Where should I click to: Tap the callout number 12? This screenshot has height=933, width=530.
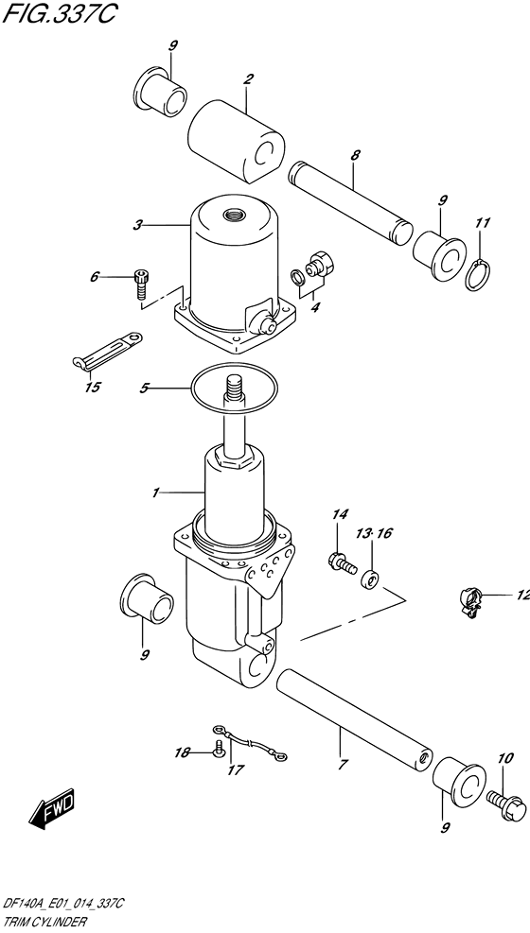(x=522, y=595)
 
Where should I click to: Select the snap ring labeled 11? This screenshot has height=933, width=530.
(x=480, y=275)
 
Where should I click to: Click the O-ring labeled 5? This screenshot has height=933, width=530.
(x=234, y=390)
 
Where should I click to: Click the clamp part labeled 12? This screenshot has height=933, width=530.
(x=470, y=601)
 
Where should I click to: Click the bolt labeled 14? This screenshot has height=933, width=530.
(x=342, y=562)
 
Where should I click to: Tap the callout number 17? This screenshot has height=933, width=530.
(x=236, y=770)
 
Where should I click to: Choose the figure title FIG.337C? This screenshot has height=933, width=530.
(x=59, y=14)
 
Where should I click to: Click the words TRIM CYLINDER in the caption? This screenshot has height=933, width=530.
(x=44, y=923)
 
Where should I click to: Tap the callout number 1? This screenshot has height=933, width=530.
(x=155, y=492)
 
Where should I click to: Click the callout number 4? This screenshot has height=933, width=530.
(x=315, y=307)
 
